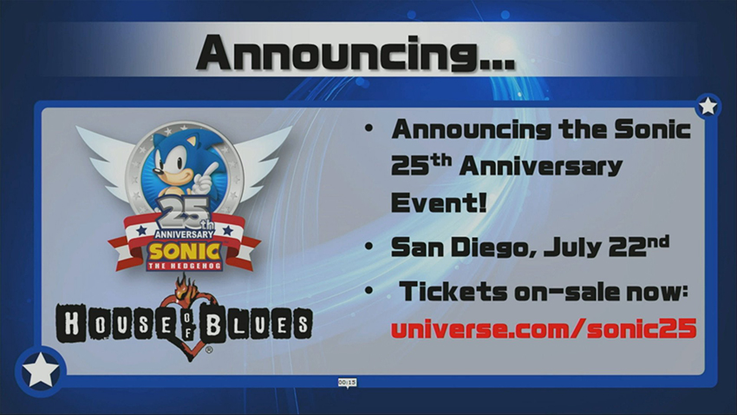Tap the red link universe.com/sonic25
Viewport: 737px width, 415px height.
tap(544, 328)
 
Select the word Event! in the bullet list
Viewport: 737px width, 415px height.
tap(439, 203)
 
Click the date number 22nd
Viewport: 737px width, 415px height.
tap(639, 246)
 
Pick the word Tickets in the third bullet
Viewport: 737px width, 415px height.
tap(453, 292)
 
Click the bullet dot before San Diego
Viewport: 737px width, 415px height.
tap(369, 246)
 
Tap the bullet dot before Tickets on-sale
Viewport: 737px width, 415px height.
tap(369, 290)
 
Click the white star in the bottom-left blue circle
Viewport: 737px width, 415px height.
tap(41, 371)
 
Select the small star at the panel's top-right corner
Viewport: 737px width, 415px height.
tap(708, 106)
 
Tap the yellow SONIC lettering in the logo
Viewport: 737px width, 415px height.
tap(185, 253)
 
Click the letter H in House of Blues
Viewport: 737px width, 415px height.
tap(71, 324)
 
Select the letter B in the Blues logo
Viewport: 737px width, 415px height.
tap(213, 324)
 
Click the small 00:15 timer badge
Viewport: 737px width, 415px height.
tap(348, 383)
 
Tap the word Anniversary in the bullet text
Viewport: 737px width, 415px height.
tap(541, 167)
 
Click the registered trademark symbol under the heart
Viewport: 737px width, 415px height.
tap(209, 350)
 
